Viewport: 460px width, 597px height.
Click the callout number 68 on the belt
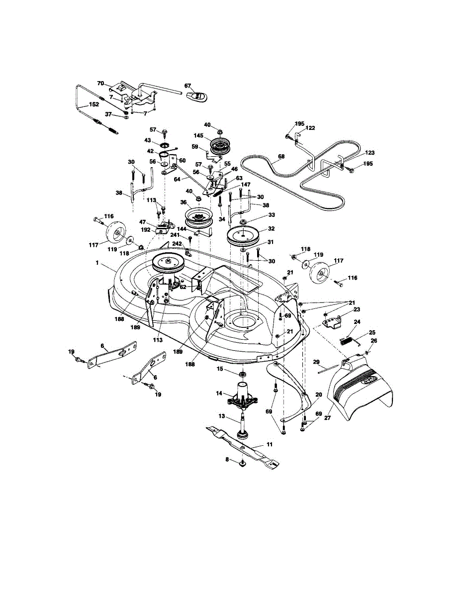tap(281, 157)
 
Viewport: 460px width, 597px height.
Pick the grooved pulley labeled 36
tap(198, 217)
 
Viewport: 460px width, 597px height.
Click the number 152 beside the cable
tap(93, 105)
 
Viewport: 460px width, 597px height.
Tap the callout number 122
tap(310, 128)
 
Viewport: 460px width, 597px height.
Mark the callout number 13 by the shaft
tap(222, 416)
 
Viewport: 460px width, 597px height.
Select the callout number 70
tap(100, 83)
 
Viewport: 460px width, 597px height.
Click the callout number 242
tap(178, 244)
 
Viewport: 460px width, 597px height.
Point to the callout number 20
tap(319, 395)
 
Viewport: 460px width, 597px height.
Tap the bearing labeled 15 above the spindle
tap(242, 374)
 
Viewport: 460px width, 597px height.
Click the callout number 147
tap(245, 185)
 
